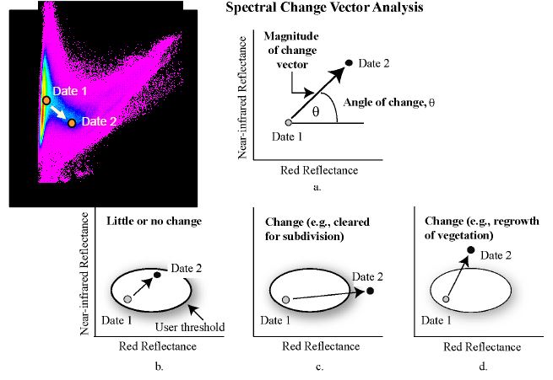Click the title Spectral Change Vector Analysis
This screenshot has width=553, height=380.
324,8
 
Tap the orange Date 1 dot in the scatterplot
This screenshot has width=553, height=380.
46,100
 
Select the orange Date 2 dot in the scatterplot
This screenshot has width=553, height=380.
72,123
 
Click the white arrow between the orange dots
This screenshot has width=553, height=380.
58,113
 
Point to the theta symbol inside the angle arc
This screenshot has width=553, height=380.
316,112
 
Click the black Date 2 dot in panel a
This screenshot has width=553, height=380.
350,63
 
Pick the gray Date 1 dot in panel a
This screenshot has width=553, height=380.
289,122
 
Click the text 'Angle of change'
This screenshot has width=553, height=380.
383,103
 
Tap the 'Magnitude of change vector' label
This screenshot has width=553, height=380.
291,51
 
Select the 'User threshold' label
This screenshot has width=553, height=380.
190,327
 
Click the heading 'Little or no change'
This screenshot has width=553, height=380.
155,221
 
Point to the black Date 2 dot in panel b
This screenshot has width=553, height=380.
157,275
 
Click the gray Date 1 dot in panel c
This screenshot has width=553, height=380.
286,299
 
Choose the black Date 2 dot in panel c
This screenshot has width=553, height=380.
370,291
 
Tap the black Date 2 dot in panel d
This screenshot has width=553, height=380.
471,249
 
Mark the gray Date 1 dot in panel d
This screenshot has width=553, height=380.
446,299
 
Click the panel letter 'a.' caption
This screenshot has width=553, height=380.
317,187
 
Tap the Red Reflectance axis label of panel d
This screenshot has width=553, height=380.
482,347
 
